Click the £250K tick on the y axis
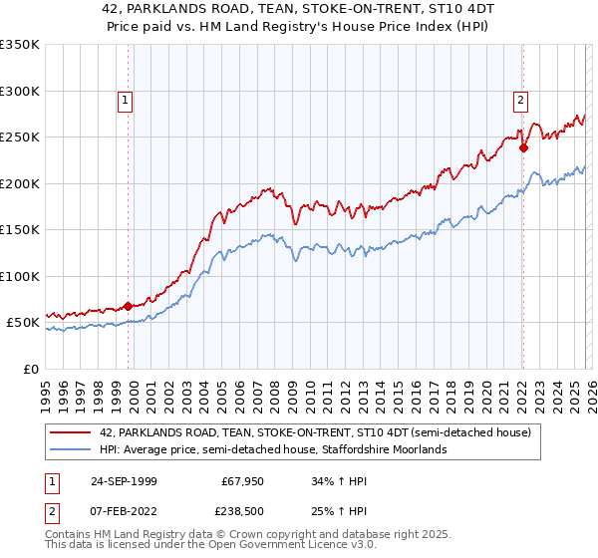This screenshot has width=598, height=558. (20, 138)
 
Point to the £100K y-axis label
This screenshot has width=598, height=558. (20, 276)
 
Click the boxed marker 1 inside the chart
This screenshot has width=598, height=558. (126, 100)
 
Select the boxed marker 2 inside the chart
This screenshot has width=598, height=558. (520, 100)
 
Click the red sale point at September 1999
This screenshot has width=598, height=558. (129, 306)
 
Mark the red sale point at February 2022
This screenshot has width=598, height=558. (523, 148)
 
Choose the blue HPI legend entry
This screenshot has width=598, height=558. (273, 449)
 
